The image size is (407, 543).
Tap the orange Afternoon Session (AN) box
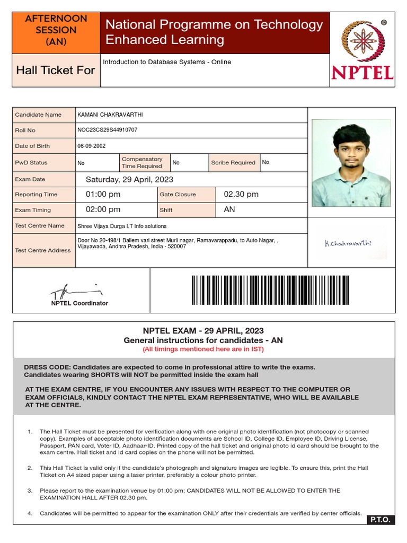56,30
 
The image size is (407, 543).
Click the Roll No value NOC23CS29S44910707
108,130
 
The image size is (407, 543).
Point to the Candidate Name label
38,115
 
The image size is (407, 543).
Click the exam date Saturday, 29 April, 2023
129,179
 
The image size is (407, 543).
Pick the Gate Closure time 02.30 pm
241,194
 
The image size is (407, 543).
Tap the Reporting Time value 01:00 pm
103,194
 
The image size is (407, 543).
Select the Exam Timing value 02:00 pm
103,209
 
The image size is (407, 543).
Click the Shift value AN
229,209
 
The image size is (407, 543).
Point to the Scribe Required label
233,163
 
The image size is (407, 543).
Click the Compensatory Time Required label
142,162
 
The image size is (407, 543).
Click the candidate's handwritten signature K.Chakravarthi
348,243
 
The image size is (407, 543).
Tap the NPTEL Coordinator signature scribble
74,291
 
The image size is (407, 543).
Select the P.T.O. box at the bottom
381,520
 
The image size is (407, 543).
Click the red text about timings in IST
203,349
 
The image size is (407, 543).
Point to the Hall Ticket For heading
56,70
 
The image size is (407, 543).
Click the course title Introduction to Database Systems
167,62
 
